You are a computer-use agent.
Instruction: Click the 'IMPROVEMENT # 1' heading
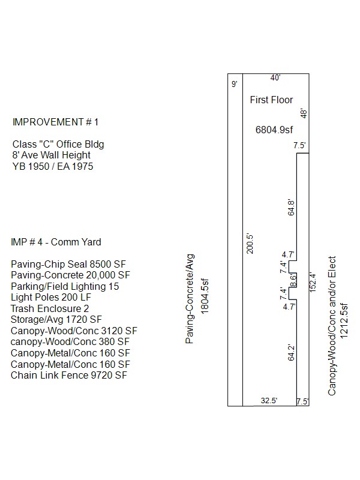(x=55, y=122)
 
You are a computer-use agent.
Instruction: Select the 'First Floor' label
(x=271, y=100)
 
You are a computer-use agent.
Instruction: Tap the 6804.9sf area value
(x=274, y=130)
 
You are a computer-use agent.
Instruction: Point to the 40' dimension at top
(x=275, y=78)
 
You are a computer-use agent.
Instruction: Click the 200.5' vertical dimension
(x=250, y=244)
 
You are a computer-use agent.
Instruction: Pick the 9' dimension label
(x=235, y=84)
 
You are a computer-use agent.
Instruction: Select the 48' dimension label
(x=304, y=113)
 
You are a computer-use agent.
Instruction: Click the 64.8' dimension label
(x=291, y=208)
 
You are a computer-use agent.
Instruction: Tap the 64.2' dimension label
(x=291, y=353)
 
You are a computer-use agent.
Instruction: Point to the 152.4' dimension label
(x=313, y=282)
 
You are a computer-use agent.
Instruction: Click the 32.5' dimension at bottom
(x=269, y=401)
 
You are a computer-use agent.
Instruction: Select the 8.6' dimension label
(x=293, y=280)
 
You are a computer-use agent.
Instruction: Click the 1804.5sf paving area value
(x=205, y=296)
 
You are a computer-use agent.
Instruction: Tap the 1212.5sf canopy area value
(x=344, y=321)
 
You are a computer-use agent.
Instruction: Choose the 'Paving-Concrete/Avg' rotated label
(x=190, y=298)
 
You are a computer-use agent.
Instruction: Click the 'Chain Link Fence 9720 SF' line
(x=69, y=376)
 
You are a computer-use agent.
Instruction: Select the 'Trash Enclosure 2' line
(x=50, y=308)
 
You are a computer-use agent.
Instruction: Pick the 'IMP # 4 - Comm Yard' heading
(x=56, y=242)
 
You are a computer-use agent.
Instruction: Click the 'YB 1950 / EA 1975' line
(x=53, y=167)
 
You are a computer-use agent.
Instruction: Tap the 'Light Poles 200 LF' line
(x=51, y=297)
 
